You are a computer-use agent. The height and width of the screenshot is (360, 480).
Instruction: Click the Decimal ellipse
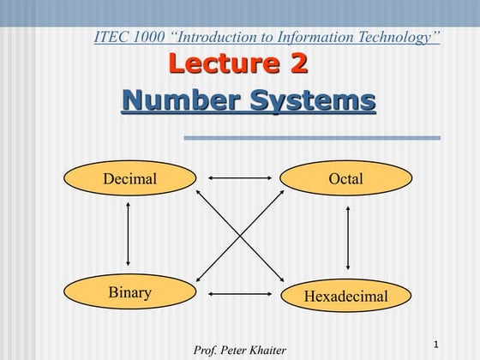pyautogui.click(x=129, y=179)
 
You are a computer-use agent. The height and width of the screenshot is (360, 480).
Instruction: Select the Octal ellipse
pyautogui.click(x=346, y=179)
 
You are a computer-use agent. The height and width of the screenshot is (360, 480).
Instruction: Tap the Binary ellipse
pyautogui.click(x=129, y=292)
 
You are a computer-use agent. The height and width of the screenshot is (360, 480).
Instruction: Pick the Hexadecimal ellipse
pyautogui.click(x=346, y=297)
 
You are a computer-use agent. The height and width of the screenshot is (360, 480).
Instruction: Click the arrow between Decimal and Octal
pyautogui.click(x=239, y=178)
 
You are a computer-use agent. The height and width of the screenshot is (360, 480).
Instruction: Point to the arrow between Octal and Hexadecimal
pyautogui.click(x=348, y=237)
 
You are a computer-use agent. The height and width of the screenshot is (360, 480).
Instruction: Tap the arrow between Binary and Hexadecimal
pyautogui.click(x=239, y=295)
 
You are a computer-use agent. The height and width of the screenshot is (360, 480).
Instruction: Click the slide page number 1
pyautogui.click(x=436, y=345)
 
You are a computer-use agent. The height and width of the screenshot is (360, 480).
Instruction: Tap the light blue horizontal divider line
pyautogui.click(x=312, y=137)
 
